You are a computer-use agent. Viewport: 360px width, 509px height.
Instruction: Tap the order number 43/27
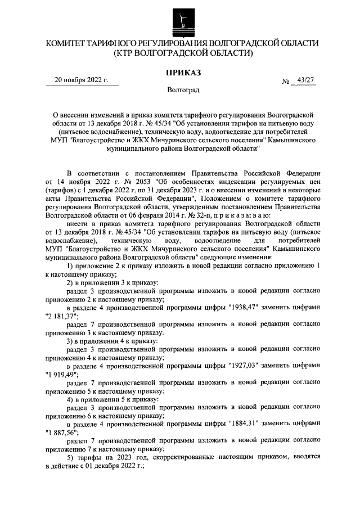tap(307, 80)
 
